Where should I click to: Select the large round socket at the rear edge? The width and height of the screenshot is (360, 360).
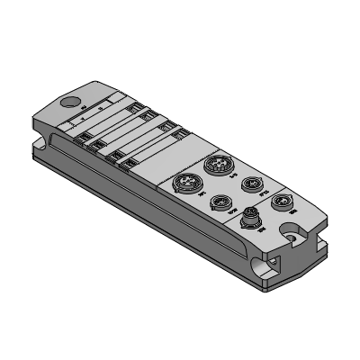click(216, 165)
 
